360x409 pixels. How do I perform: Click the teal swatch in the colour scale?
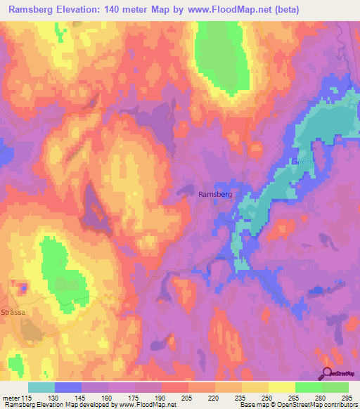click(x=41, y=388)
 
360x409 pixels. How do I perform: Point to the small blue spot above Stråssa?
click(x=23, y=287)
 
